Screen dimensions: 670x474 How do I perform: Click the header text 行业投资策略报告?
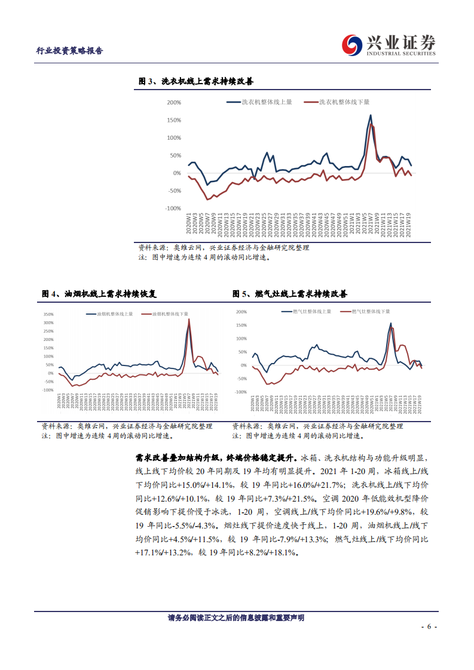point(66,51)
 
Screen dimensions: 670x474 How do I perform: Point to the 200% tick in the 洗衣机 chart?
point(174,103)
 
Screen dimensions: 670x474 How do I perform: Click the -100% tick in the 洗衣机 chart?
point(173,208)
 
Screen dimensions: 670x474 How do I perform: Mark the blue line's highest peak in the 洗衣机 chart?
point(371,115)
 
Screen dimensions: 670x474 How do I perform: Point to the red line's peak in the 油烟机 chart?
point(189,319)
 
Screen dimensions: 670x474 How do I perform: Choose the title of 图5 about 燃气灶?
point(290,294)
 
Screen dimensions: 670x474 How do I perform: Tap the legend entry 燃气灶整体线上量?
point(311,312)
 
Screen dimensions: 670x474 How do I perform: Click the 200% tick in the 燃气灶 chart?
point(241,312)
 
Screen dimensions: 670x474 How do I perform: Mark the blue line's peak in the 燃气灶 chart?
point(391,324)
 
